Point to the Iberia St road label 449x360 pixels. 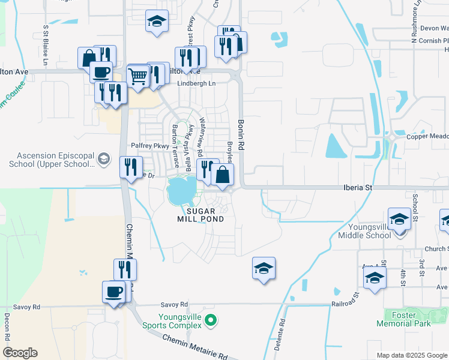coord(358,188)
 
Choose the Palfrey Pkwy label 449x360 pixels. coord(149,146)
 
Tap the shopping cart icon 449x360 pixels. coord(138,76)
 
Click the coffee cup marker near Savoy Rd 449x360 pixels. coord(113,292)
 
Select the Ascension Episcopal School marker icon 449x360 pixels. coord(104,159)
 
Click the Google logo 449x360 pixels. coord(20,353)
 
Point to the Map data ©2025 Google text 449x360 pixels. coord(412,355)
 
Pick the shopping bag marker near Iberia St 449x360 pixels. coord(222,176)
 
